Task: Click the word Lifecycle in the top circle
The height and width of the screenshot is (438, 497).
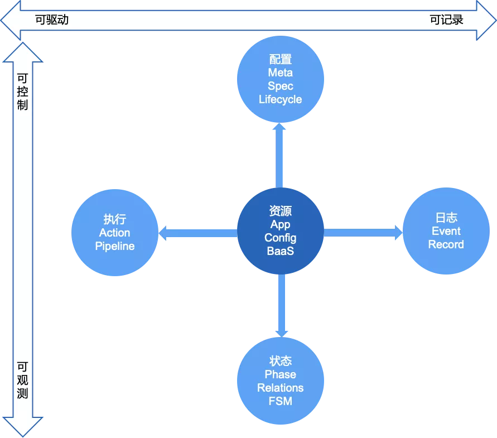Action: [280, 99]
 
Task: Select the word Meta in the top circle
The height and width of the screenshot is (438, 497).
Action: [280, 73]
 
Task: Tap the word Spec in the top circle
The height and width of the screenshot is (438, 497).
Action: [280, 86]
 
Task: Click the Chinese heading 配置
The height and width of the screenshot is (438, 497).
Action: [280, 59]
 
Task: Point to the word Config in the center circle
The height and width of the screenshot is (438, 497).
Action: [280, 238]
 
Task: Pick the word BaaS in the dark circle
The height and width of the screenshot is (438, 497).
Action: [280, 251]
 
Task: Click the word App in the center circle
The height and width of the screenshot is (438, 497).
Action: [280, 224]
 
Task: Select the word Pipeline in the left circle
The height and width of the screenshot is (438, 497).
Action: [115, 247]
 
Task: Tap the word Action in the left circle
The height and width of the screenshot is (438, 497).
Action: [115, 233]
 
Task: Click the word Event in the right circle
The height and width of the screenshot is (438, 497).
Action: [446, 231]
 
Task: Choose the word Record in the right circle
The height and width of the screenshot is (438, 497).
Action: [446, 244]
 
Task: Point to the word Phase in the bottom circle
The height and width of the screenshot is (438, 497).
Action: [280, 374]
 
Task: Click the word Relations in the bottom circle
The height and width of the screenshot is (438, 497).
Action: [280, 388]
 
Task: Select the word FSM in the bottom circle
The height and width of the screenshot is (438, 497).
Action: [280, 401]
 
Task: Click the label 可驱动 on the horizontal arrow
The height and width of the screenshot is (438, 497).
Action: [52, 20]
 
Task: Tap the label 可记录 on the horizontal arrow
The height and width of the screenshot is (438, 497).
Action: [446, 20]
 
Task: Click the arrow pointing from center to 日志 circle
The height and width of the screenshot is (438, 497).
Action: [363, 233]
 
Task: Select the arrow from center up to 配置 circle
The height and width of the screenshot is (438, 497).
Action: [279, 156]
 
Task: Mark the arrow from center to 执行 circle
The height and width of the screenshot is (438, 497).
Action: [198, 233]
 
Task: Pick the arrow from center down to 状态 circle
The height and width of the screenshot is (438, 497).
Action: [282, 306]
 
